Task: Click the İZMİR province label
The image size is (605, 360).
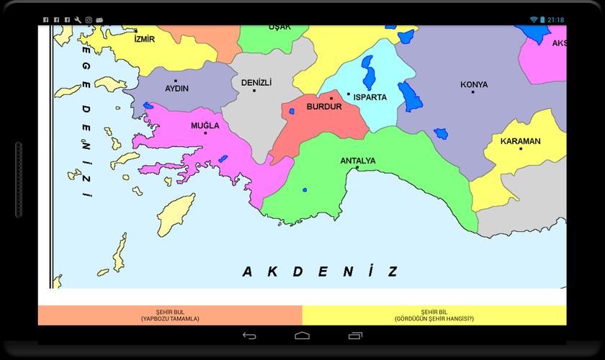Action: pos(145,39)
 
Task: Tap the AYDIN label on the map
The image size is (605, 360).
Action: pos(177,89)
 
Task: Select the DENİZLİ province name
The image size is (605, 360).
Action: pos(256,83)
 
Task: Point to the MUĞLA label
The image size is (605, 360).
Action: pos(205,125)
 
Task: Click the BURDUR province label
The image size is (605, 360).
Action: pos(324,107)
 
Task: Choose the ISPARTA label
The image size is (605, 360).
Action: pos(370,97)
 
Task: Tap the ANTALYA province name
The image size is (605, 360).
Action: pos(357,161)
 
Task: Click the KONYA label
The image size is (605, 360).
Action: pos(474,84)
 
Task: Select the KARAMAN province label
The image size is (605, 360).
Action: pos(521,141)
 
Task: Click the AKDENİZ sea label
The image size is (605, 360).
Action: pos(320,271)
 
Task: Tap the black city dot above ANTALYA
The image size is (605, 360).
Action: pos(357,168)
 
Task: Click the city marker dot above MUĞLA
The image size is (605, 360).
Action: pos(205,133)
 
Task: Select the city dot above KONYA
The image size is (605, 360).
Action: pos(474,92)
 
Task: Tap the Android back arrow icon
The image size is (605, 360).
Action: pos(249,336)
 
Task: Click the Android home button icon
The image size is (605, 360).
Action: pos(302,336)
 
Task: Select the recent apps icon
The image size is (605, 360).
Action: pos(355,336)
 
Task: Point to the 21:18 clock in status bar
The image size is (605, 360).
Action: pos(555,19)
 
